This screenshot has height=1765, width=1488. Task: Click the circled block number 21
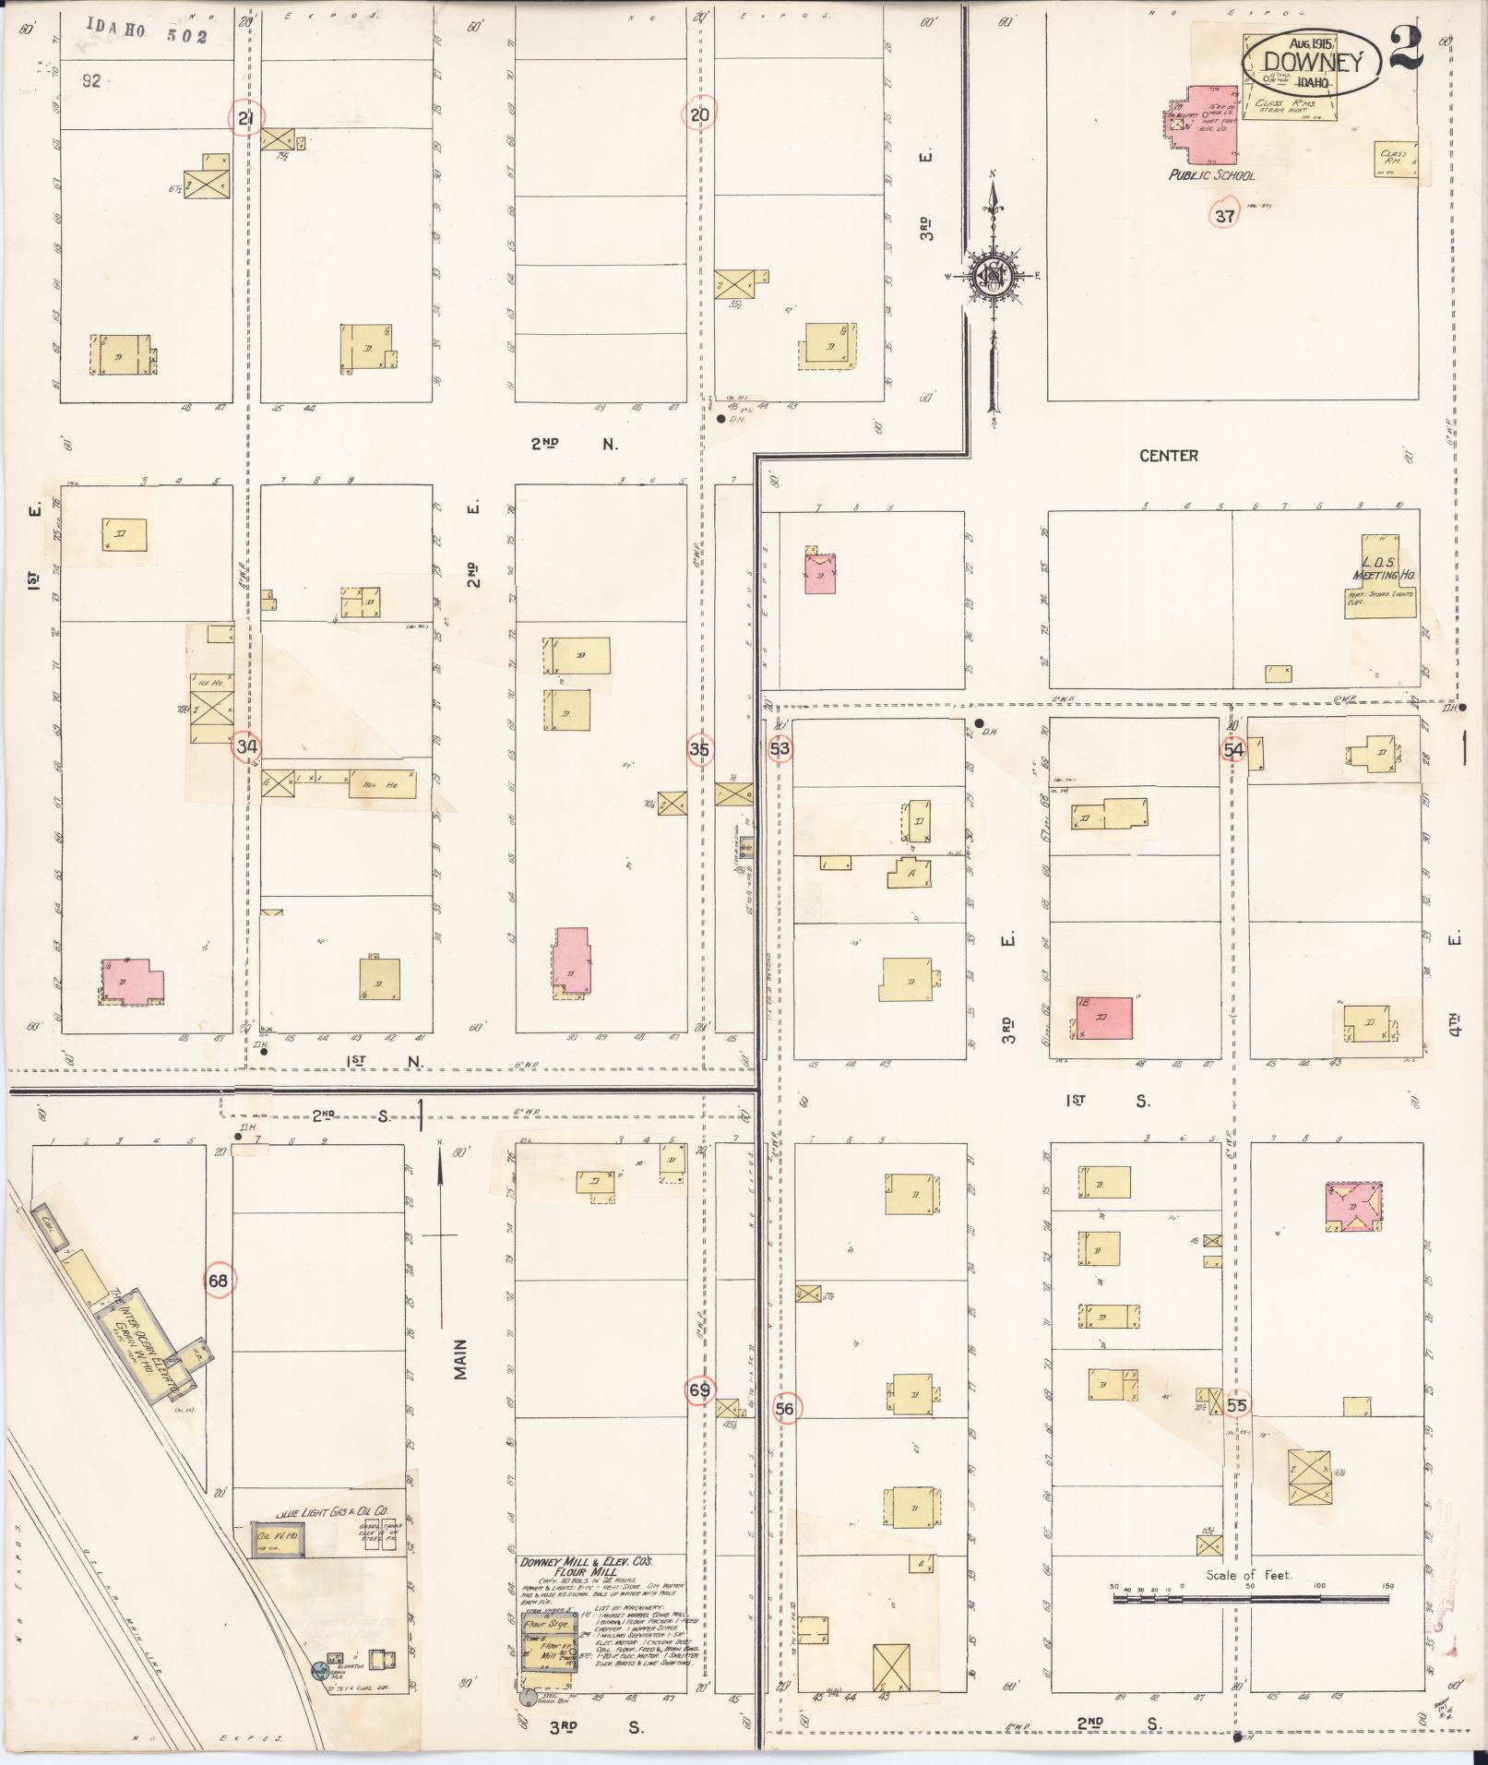[246, 118]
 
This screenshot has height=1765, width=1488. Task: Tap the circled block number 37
[1224, 217]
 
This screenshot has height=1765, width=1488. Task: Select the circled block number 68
[219, 1281]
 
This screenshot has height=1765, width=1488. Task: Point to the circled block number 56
[786, 1409]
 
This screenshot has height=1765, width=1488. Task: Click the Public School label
[1211, 174]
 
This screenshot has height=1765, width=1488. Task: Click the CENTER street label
[1168, 456]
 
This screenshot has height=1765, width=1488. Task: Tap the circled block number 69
[700, 1389]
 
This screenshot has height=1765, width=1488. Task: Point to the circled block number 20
[699, 115]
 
